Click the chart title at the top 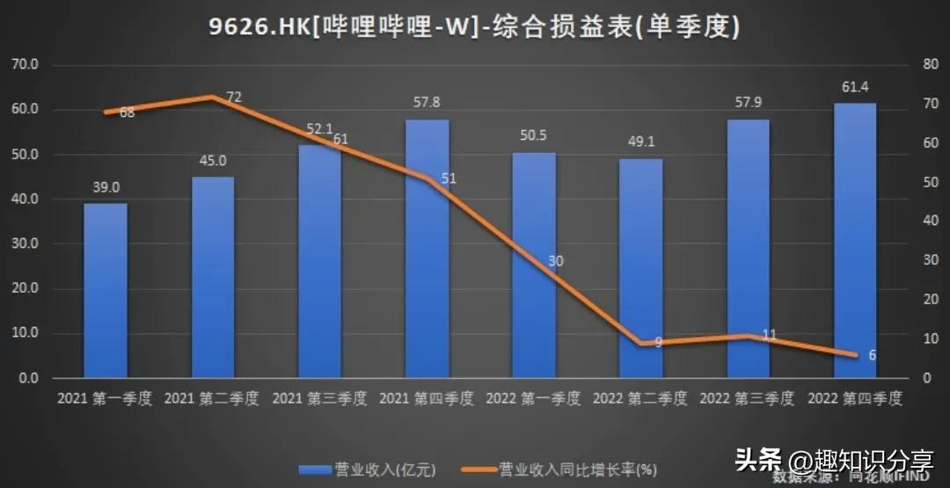(x=475, y=27)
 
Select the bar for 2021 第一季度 (x=106, y=290)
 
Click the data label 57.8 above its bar (x=427, y=103)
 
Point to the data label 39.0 (x=106, y=186)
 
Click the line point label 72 (x=234, y=98)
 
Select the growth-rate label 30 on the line (x=556, y=261)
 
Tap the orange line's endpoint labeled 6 (x=872, y=355)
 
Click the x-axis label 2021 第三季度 (x=319, y=398)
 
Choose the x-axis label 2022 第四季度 (x=855, y=398)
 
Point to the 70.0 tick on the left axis (x=25, y=64)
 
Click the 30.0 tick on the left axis (x=25, y=244)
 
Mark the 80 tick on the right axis (x=927, y=64)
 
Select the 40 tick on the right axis (x=927, y=221)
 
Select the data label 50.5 (x=534, y=135)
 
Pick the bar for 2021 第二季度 (x=213, y=277)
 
